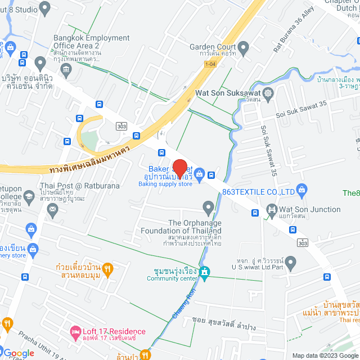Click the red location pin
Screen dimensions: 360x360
point(179,168)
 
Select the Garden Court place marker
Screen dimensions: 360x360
point(244,47)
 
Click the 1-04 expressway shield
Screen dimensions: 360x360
point(210,65)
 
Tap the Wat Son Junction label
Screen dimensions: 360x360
point(310,209)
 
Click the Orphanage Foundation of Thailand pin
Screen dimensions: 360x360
point(209,209)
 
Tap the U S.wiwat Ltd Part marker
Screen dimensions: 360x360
point(291,262)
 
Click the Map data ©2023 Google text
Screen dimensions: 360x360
point(324,355)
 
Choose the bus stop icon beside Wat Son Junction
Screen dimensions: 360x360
point(255,213)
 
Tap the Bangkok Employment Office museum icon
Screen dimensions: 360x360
point(67,70)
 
